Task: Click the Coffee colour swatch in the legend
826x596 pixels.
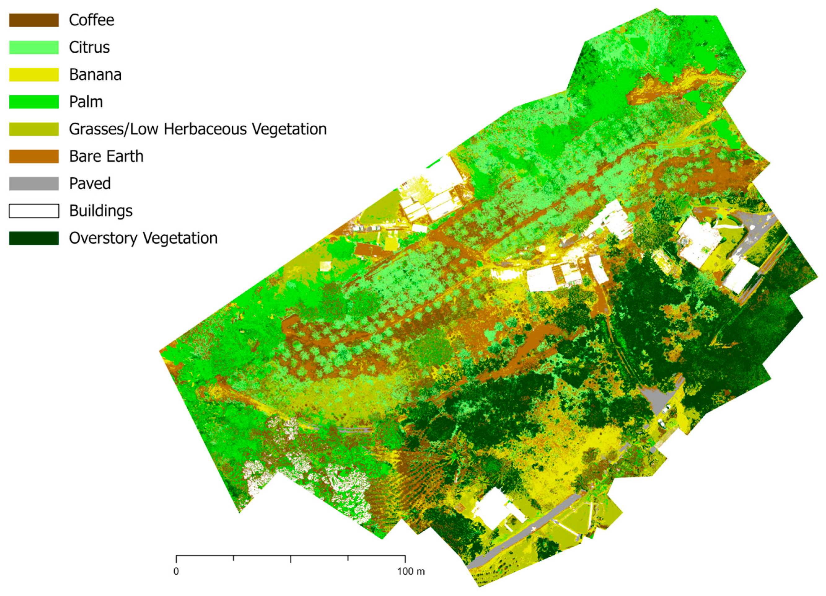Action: click(34, 20)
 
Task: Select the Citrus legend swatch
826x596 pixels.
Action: click(34, 48)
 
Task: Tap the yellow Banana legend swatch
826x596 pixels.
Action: click(34, 75)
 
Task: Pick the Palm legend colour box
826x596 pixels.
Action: click(34, 102)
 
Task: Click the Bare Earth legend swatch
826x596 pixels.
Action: click(34, 157)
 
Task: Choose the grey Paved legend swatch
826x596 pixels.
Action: click(34, 184)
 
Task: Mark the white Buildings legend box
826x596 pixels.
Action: click(34, 211)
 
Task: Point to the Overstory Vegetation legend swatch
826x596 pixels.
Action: click(34, 238)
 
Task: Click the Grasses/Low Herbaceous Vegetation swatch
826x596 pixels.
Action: click(34, 129)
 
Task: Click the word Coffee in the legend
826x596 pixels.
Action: click(91, 20)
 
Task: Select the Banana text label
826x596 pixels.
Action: click(95, 75)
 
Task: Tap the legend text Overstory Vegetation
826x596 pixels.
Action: click(143, 238)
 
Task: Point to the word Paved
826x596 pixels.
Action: click(90, 184)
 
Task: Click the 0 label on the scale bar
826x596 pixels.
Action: click(176, 571)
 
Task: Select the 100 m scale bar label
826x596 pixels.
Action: click(411, 571)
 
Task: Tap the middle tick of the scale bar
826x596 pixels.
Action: click(291, 559)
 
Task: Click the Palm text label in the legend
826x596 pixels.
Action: click(86, 102)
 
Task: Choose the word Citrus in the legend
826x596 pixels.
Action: click(89, 48)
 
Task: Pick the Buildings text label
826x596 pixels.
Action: click(101, 211)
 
